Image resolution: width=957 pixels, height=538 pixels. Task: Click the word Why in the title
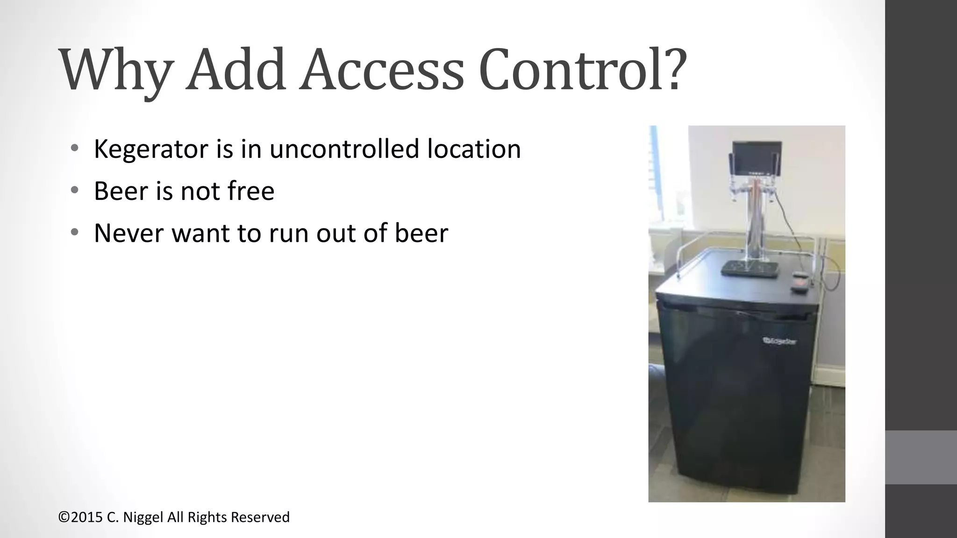114,70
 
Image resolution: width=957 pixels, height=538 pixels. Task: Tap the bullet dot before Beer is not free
74,191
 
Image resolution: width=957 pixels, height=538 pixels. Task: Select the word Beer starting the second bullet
121,191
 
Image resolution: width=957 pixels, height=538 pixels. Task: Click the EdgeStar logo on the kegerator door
780,341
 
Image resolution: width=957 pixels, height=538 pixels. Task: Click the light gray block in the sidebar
921,457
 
